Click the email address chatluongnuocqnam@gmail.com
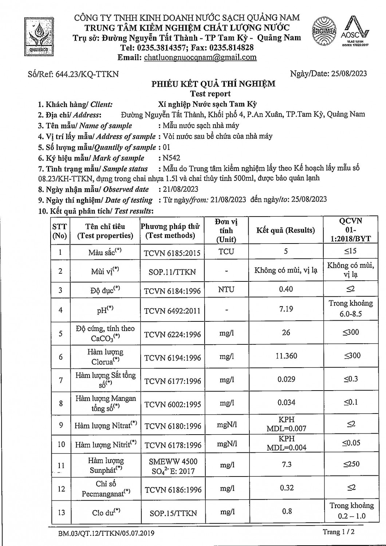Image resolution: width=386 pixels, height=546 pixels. [x=200, y=57]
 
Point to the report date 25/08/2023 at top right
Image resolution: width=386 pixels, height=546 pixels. [x=349, y=74]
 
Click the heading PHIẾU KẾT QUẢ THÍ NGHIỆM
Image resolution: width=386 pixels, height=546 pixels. [x=213, y=84]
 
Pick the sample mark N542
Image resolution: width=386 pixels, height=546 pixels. [x=172, y=158]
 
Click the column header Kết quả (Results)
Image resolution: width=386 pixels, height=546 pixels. [x=285, y=230]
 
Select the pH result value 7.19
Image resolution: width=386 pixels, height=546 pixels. [x=286, y=309]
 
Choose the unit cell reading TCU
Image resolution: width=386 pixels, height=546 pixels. [x=226, y=252]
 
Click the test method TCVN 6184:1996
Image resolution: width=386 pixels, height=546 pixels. [x=172, y=291]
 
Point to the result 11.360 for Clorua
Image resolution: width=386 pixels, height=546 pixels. [x=286, y=356]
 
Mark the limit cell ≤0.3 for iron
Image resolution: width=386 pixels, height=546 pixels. [x=351, y=379]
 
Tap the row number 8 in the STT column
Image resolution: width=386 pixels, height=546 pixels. [x=61, y=403]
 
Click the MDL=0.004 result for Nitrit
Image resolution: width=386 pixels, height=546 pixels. [x=287, y=448]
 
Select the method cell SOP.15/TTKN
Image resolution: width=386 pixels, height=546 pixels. [x=173, y=513]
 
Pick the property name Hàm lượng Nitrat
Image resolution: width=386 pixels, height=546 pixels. [x=106, y=425]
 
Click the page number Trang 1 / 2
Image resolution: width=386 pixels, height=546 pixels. [x=339, y=532]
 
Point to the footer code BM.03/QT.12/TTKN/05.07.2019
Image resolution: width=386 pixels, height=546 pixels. [x=106, y=534]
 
